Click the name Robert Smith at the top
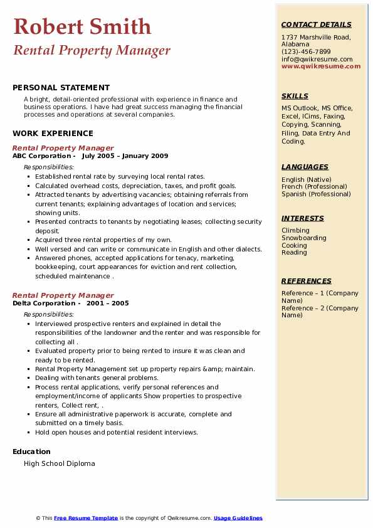[x=82, y=26]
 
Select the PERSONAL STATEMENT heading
[x=61, y=88]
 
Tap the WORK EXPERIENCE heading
[x=53, y=133]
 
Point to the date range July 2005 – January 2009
[x=125, y=156]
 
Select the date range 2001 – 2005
[x=107, y=303]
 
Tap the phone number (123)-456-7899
[x=306, y=52]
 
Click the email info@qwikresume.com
[x=317, y=59]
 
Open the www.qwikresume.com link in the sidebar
[x=321, y=66]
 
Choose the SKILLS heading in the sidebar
[x=295, y=96]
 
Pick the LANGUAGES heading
[x=305, y=167]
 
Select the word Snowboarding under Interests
[x=304, y=238]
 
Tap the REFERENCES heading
[x=307, y=281]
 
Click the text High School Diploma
[x=60, y=463]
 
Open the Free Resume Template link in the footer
[x=86, y=518]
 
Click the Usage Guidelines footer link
[x=238, y=518]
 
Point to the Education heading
[x=31, y=451]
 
